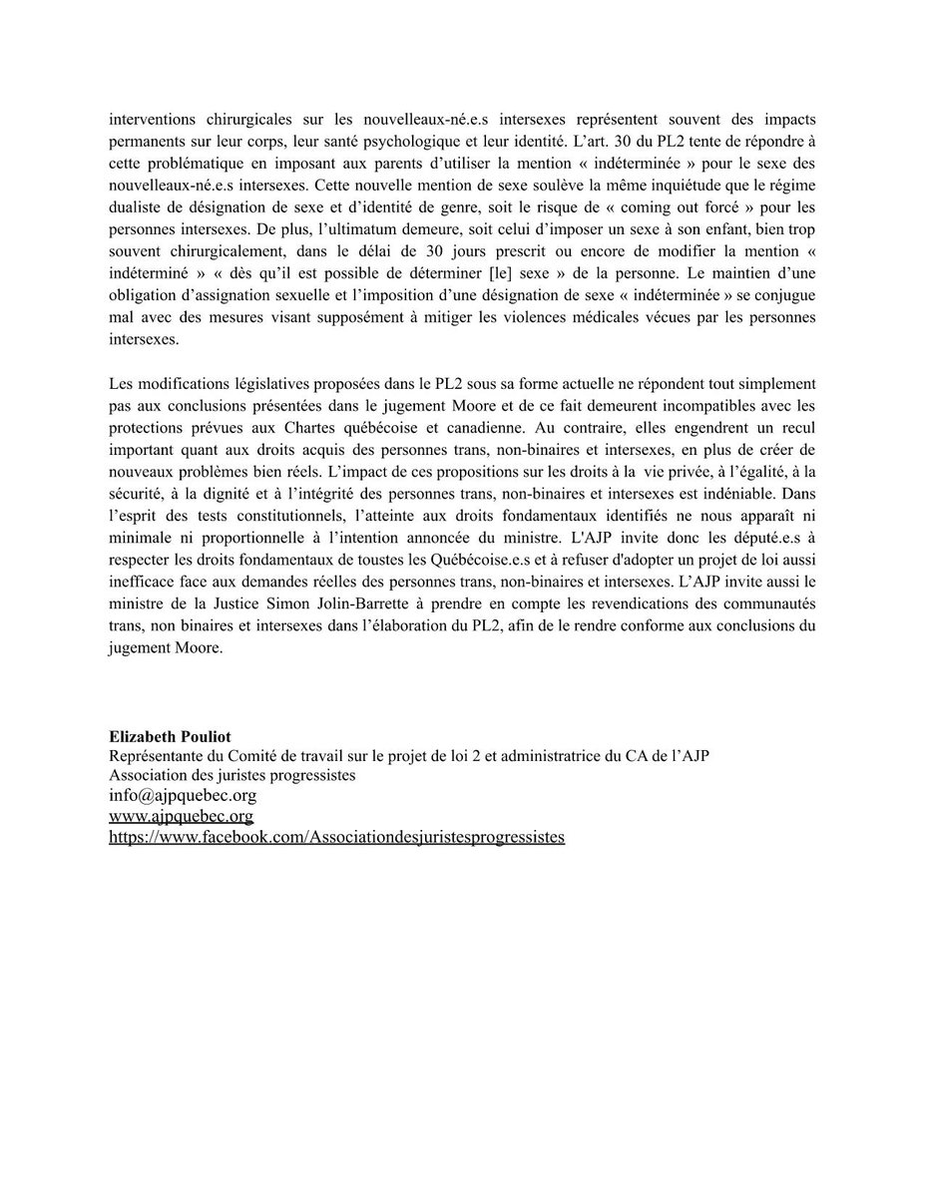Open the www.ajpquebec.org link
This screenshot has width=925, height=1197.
point(181,816)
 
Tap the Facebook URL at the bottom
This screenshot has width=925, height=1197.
point(337,837)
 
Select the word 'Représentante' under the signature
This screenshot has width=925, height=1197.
point(157,754)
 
